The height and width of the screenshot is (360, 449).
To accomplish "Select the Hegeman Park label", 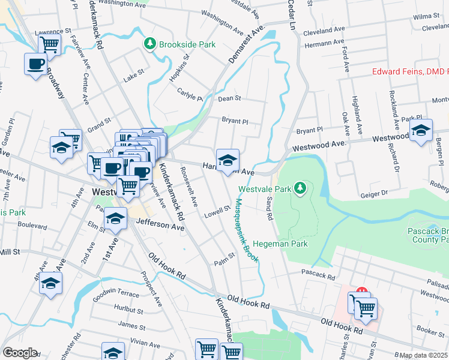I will click(280, 244).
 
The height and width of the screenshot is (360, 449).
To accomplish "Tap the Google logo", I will click(20, 353).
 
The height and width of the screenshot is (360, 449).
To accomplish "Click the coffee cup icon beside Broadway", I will click(35, 64).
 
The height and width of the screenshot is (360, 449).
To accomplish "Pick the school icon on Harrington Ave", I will click(228, 160).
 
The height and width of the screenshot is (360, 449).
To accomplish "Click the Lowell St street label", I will click(217, 211).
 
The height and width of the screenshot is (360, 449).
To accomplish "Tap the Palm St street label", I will click(223, 262).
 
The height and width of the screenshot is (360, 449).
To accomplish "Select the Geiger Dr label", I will click(376, 195).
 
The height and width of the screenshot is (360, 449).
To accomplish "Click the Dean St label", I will click(229, 98).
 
